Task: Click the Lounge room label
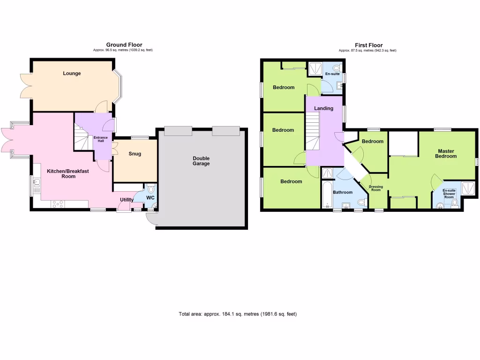coord(72,73)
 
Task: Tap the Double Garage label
coord(201,161)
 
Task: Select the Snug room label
coord(135,154)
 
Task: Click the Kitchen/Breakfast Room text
coord(68,173)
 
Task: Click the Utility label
coord(127,200)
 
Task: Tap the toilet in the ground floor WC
coord(150,189)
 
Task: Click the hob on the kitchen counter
coord(57,204)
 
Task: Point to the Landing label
coord(323,108)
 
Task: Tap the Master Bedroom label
coord(445,153)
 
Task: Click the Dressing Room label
coord(376,188)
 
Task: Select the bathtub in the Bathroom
coord(326,195)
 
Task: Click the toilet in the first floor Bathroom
coord(361,202)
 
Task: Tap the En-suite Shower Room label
coord(449,194)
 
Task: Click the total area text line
coord(238,314)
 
